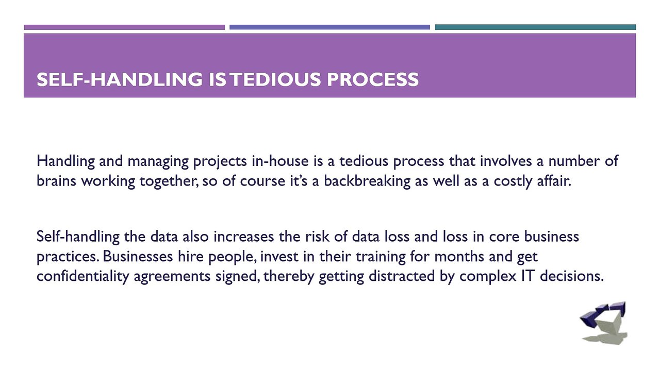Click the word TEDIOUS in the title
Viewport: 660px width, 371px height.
pos(275,79)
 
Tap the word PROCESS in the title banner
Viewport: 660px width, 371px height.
pos(373,79)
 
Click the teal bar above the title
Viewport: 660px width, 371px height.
pos(535,27)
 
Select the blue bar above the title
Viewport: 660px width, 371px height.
pos(329,27)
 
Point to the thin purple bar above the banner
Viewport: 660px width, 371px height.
pos(124,27)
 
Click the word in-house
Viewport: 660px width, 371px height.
pos(280,161)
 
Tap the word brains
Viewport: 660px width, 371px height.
pos(57,180)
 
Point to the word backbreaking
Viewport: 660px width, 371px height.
pos(367,181)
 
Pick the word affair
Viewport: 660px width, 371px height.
pos(554,180)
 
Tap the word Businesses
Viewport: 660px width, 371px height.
pos(138,256)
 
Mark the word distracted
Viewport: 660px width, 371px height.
pos(402,276)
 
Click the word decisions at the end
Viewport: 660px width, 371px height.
pos(572,276)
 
